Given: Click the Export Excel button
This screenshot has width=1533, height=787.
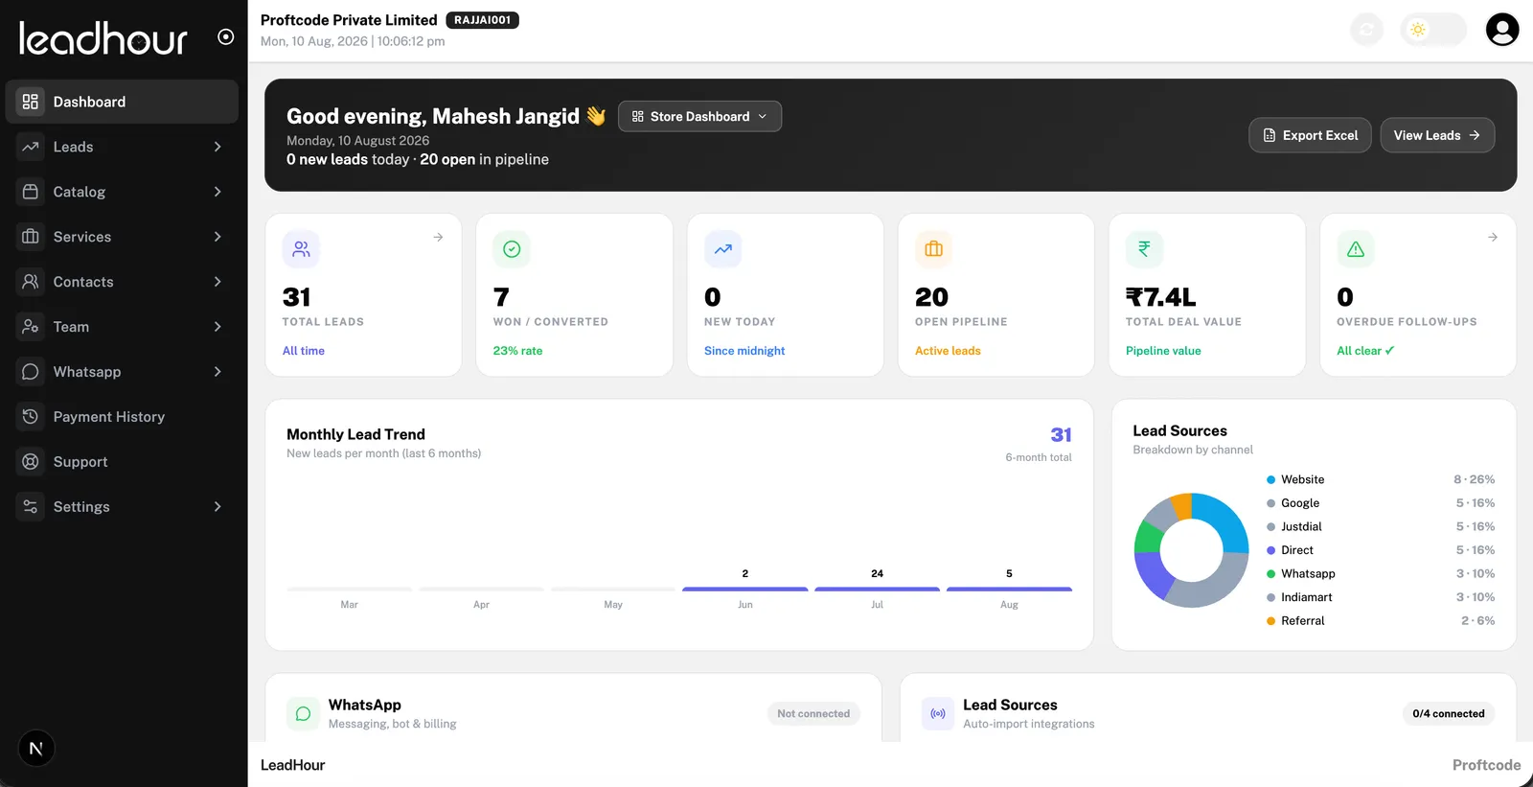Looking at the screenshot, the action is (1309, 135).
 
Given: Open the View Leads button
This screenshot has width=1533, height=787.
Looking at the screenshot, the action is (1437, 135).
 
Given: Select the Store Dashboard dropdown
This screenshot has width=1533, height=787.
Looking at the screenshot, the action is (699, 116).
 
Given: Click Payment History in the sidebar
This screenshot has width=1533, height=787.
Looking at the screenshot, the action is (109, 416).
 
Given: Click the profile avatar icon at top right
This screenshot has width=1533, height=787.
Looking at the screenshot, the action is (1502, 30).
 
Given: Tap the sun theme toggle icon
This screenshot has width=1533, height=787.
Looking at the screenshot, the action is (1417, 30).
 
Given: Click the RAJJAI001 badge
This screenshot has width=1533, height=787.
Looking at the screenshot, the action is (483, 20).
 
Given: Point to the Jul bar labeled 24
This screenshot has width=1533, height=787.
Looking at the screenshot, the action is (877, 589).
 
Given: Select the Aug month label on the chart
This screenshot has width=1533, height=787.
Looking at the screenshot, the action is (1009, 605).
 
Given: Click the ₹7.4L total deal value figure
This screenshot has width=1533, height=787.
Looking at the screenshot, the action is (1160, 297).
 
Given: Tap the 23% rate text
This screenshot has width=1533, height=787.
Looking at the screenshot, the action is (517, 351).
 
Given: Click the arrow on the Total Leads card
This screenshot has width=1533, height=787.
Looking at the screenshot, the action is (438, 237).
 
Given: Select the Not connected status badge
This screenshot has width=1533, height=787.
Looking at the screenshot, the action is (813, 714).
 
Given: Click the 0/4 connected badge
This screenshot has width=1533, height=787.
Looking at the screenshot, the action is (1448, 714).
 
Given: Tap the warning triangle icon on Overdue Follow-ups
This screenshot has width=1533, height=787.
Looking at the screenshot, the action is (1355, 249).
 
